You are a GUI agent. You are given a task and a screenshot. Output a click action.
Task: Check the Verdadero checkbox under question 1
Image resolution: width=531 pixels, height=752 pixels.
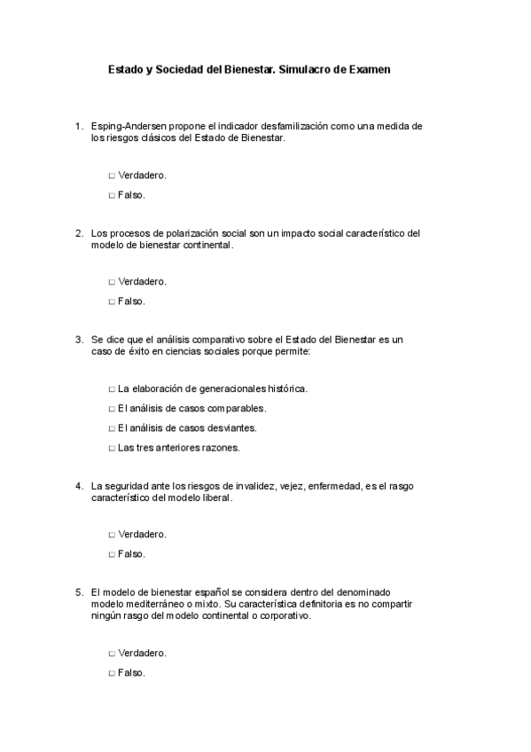112,176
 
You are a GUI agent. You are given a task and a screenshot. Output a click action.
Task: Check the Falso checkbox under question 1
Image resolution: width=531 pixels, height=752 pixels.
112,195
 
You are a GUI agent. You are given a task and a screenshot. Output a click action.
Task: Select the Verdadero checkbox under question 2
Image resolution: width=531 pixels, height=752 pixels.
112,282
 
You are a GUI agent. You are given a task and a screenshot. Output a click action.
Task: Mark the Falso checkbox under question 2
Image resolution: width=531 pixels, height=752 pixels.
112,302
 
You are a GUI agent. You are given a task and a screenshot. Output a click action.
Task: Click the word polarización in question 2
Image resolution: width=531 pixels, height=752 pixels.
177,233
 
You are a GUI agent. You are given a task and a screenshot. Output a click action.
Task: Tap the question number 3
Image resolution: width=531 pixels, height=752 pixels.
80,340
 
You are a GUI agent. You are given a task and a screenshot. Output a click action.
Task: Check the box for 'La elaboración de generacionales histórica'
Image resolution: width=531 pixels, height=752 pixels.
112,389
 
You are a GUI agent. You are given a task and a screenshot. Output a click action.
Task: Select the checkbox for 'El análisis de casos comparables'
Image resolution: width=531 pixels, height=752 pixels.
112,409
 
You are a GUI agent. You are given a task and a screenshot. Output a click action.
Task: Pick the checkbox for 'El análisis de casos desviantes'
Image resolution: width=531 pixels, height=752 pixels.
112,428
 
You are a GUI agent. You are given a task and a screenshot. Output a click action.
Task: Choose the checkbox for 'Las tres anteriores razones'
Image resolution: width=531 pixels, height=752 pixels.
112,448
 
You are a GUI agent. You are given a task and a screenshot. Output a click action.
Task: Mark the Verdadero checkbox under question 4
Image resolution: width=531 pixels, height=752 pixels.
112,535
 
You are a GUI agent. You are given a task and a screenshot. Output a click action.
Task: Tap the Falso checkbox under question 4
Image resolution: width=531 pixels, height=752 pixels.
112,554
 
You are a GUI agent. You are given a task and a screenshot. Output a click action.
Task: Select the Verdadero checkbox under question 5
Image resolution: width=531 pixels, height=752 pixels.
112,654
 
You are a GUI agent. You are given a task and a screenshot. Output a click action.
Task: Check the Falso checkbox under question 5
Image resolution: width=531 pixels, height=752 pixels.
112,673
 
